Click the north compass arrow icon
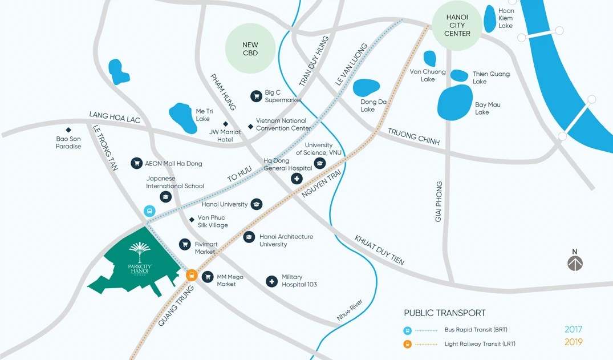point(575,263)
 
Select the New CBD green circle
point(250,49)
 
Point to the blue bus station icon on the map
point(149,211)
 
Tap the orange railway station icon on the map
point(192,275)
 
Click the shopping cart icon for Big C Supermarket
point(257,96)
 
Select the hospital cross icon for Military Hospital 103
point(272,281)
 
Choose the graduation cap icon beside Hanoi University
point(257,204)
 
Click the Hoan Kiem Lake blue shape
point(490,19)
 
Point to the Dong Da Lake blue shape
point(366,87)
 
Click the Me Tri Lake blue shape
point(182,116)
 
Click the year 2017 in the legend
point(574,329)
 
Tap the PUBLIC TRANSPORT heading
point(445,313)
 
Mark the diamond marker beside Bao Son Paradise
point(68,130)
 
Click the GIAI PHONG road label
point(439,201)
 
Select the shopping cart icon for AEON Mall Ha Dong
point(136,164)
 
